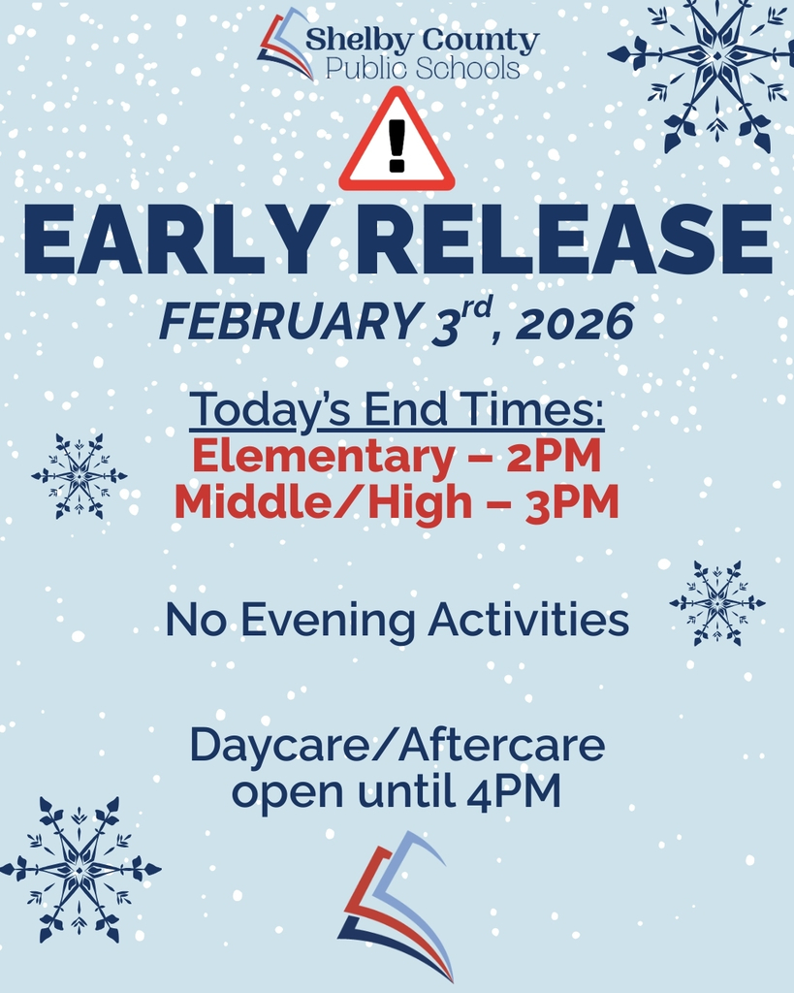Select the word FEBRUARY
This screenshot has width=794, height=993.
[x=274, y=323]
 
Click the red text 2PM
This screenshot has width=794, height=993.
[x=554, y=457]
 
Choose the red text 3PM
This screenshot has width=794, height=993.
[x=572, y=504]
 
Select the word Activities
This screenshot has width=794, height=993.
[x=528, y=621]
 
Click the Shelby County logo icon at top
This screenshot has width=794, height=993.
[x=286, y=44]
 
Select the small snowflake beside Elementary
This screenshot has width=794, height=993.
[x=79, y=475]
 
